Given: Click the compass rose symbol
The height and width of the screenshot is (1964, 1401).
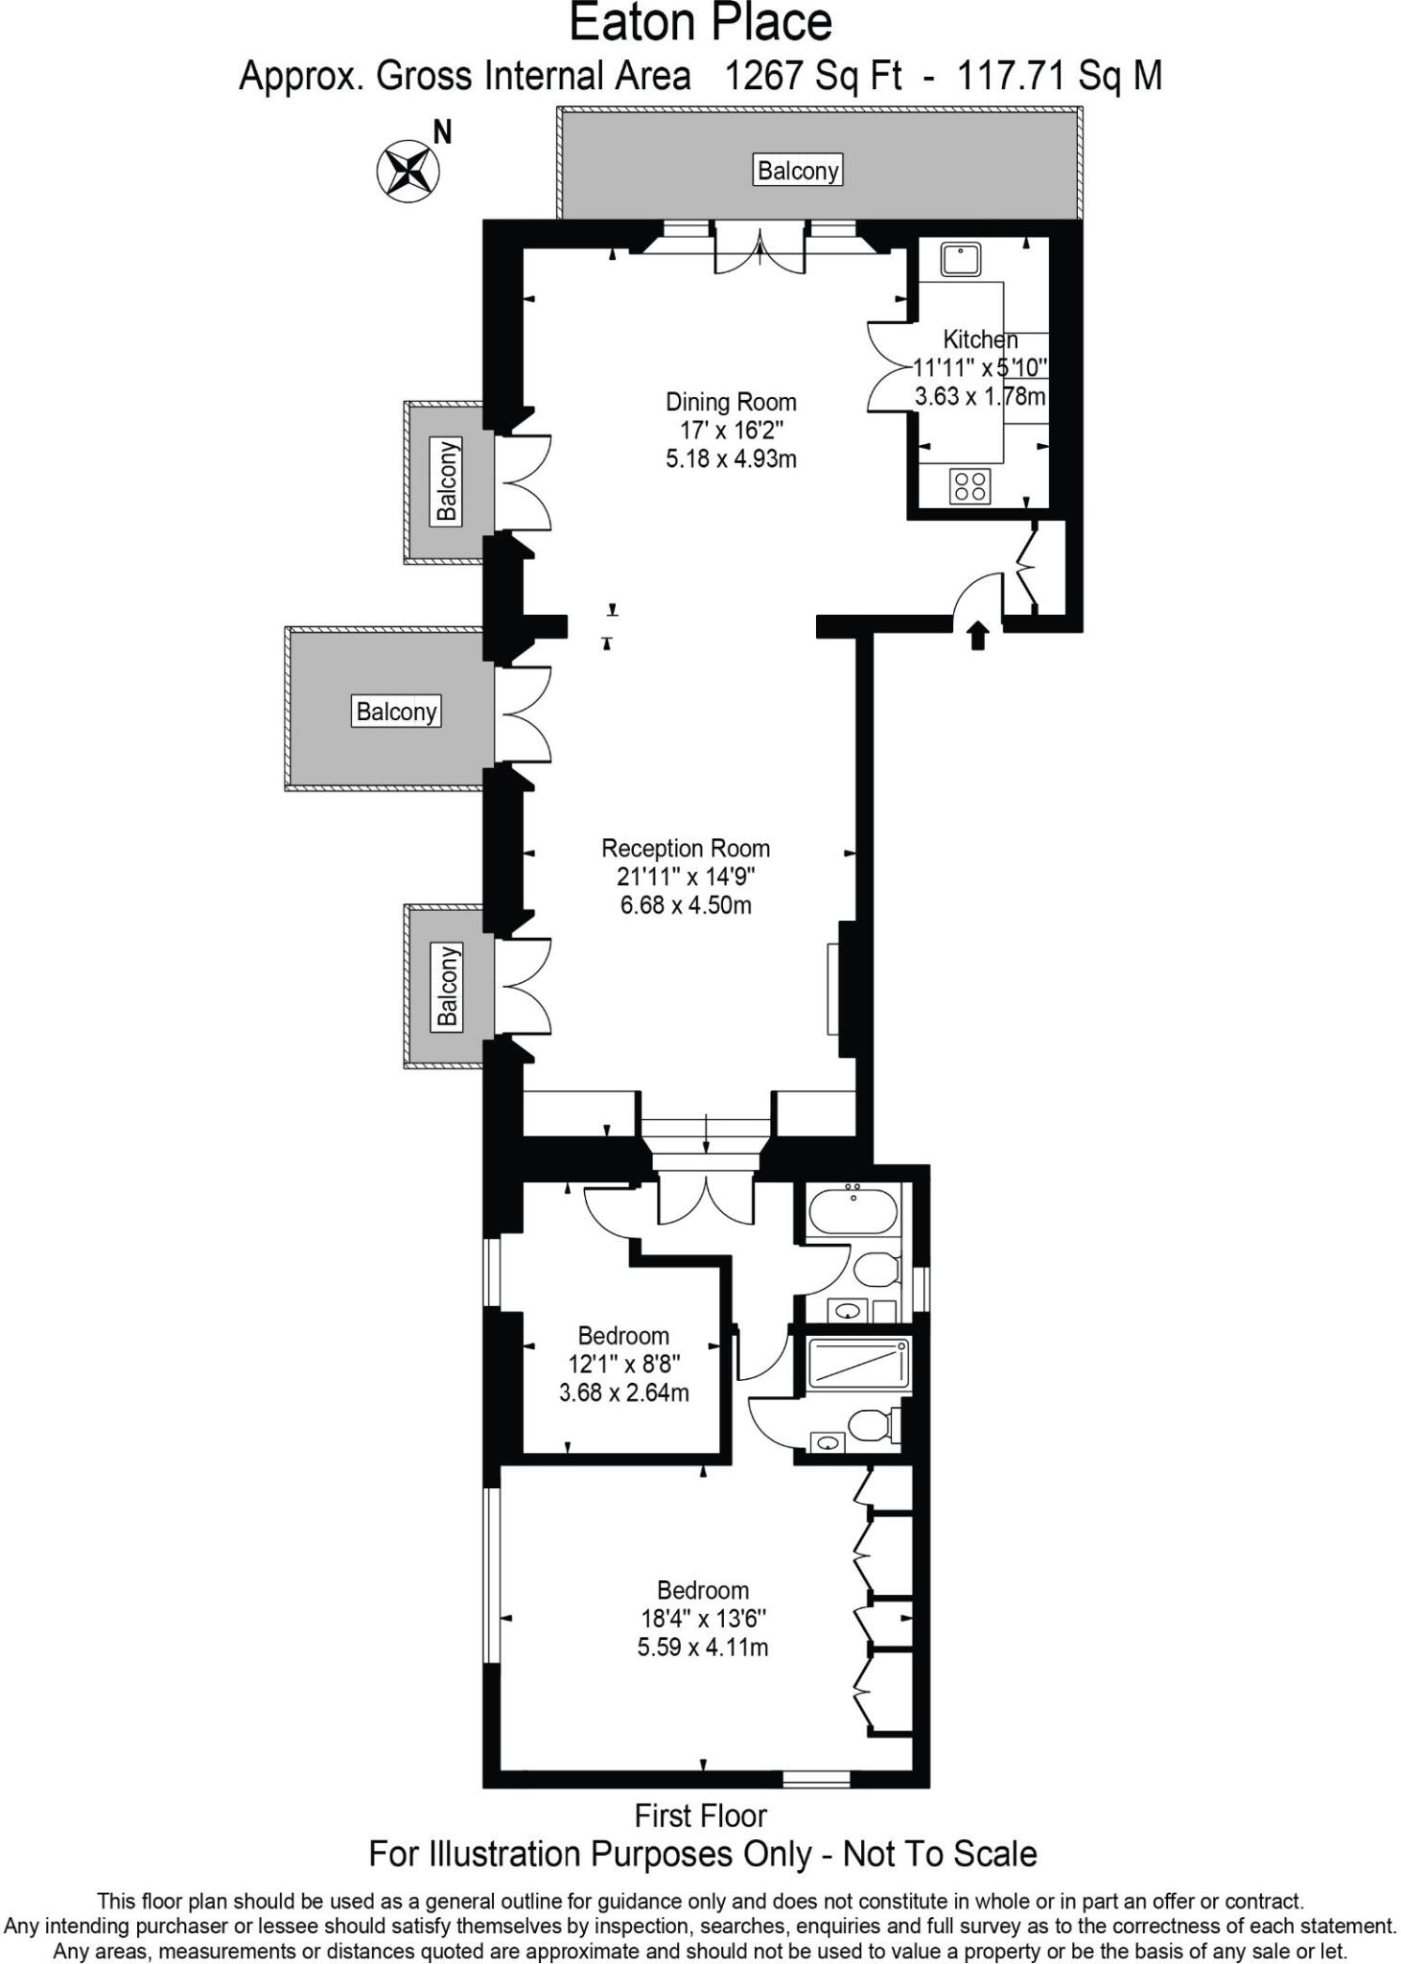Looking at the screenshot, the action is (x=407, y=171).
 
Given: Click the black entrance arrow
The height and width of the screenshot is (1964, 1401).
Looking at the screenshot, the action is (x=977, y=635).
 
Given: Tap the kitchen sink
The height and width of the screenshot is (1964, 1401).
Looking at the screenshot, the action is (x=960, y=259).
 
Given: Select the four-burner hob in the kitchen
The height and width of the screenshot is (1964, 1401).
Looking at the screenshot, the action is (x=969, y=485).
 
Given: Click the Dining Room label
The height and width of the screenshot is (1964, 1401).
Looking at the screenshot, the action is (x=731, y=402).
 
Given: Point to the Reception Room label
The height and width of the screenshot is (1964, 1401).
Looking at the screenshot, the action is (x=686, y=848).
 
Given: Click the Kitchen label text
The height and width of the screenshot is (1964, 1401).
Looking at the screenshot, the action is (x=980, y=339).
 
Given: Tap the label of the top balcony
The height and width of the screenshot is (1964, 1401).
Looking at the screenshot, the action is (x=798, y=171).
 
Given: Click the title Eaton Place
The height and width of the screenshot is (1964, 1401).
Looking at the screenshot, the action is (x=701, y=23).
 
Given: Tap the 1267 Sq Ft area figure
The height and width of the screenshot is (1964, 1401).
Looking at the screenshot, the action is (x=813, y=76).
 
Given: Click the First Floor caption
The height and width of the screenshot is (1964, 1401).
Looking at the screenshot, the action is (x=701, y=1815).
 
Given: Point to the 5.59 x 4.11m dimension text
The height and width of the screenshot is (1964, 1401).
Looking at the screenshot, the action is (x=703, y=1648).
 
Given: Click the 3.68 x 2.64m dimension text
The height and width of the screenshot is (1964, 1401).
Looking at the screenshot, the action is (x=624, y=1392).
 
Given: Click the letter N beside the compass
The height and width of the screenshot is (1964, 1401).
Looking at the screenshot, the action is (x=442, y=132).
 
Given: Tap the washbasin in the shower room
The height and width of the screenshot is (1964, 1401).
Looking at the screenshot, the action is (x=828, y=1441).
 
